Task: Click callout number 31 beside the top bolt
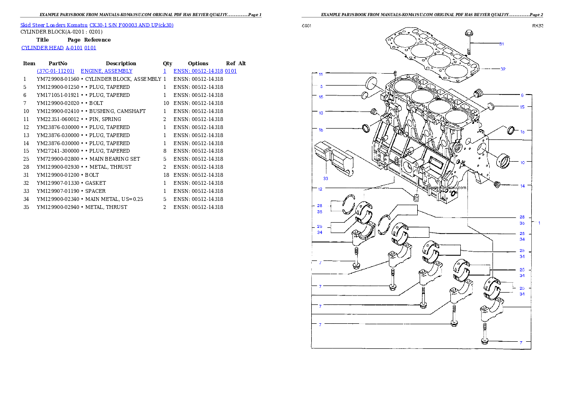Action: [501, 44]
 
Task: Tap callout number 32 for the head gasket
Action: [503, 69]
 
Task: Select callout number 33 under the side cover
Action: [325, 179]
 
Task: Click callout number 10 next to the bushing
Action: [522, 163]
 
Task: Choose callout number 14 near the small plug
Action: [522, 186]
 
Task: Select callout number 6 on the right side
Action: [522, 95]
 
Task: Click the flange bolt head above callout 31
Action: [468, 34]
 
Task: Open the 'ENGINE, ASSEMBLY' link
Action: [106, 71]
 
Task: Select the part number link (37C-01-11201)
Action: [56, 71]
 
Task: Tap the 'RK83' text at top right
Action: [537, 26]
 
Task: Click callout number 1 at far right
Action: [539, 223]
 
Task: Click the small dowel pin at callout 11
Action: [394, 73]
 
